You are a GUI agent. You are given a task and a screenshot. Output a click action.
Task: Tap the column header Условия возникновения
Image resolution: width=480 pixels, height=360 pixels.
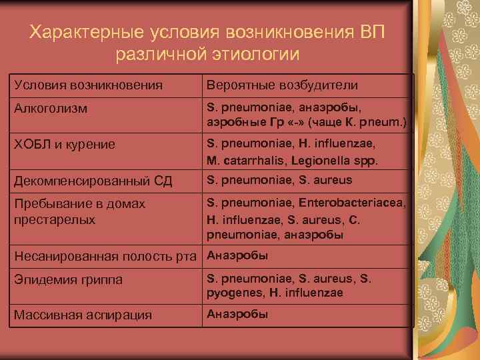(x=87, y=85)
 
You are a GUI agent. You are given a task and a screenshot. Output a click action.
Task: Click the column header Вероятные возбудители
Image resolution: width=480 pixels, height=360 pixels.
(x=282, y=85)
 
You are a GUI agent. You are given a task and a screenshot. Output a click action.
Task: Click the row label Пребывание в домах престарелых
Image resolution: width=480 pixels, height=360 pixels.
(x=79, y=211)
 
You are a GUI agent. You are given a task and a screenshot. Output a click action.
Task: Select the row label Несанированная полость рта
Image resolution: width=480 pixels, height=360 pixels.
(x=105, y=257)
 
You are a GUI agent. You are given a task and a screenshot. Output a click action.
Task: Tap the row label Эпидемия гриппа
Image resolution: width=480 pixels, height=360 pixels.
(x=68, y=280)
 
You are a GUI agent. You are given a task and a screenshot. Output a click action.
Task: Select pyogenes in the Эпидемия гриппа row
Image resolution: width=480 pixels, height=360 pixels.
(x=235, y=293)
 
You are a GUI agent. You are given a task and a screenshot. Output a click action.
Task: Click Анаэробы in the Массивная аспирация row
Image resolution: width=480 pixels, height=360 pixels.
(x=237, y=314)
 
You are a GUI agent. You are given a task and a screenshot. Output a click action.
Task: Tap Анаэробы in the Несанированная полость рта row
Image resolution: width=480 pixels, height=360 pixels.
(x=237, y=255)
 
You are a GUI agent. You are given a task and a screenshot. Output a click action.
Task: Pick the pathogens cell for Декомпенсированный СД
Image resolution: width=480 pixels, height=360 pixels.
(x=279, y=180)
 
